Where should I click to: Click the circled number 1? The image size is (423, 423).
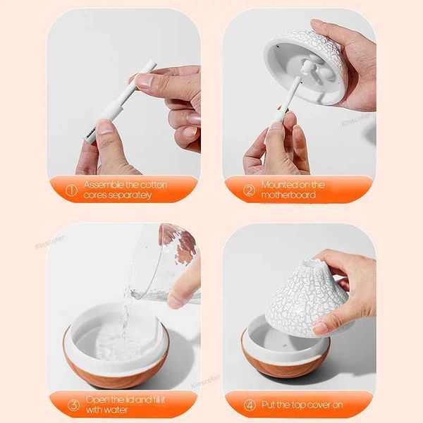[70, 190]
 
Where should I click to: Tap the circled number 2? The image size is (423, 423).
[249, 190]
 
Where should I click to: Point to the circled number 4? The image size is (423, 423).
[249, 405]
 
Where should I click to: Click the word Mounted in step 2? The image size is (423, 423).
[281, 185]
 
